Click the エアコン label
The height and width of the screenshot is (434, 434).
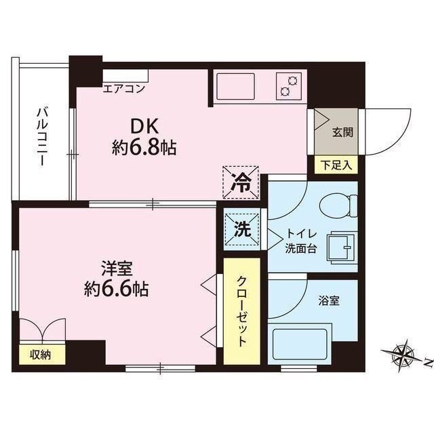point(125,87)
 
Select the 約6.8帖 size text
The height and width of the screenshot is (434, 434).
point(144,148)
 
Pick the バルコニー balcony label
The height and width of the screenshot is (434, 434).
point(42,136)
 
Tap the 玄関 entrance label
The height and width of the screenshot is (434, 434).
point(341,133)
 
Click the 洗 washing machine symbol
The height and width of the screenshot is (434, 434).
point(241,230)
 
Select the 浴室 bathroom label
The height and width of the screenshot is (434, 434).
point(328,299)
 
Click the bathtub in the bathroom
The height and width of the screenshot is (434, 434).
point(301,344)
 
